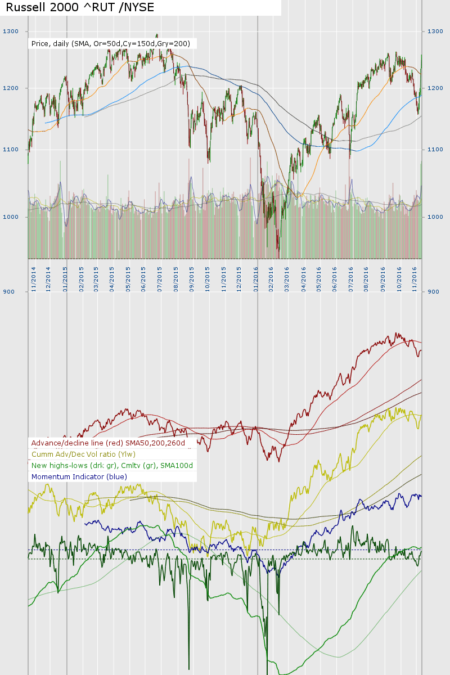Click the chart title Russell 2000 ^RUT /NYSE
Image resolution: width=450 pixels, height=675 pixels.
79,7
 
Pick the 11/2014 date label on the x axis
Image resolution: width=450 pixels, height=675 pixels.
34,278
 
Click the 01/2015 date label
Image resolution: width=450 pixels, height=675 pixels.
65,278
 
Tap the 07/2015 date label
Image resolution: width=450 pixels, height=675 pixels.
160,278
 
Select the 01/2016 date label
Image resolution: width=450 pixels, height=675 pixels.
256,278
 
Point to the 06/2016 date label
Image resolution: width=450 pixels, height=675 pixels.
335,278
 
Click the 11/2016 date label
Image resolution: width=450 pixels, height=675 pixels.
415,278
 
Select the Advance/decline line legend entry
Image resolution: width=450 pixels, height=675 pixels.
112,443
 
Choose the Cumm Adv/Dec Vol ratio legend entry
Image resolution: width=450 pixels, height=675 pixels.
84,454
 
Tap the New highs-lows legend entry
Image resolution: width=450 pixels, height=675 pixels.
112,466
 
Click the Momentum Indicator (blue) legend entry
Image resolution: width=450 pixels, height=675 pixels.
79,477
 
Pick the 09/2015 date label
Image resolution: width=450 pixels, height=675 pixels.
192,278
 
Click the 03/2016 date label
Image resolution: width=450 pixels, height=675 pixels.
287,278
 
